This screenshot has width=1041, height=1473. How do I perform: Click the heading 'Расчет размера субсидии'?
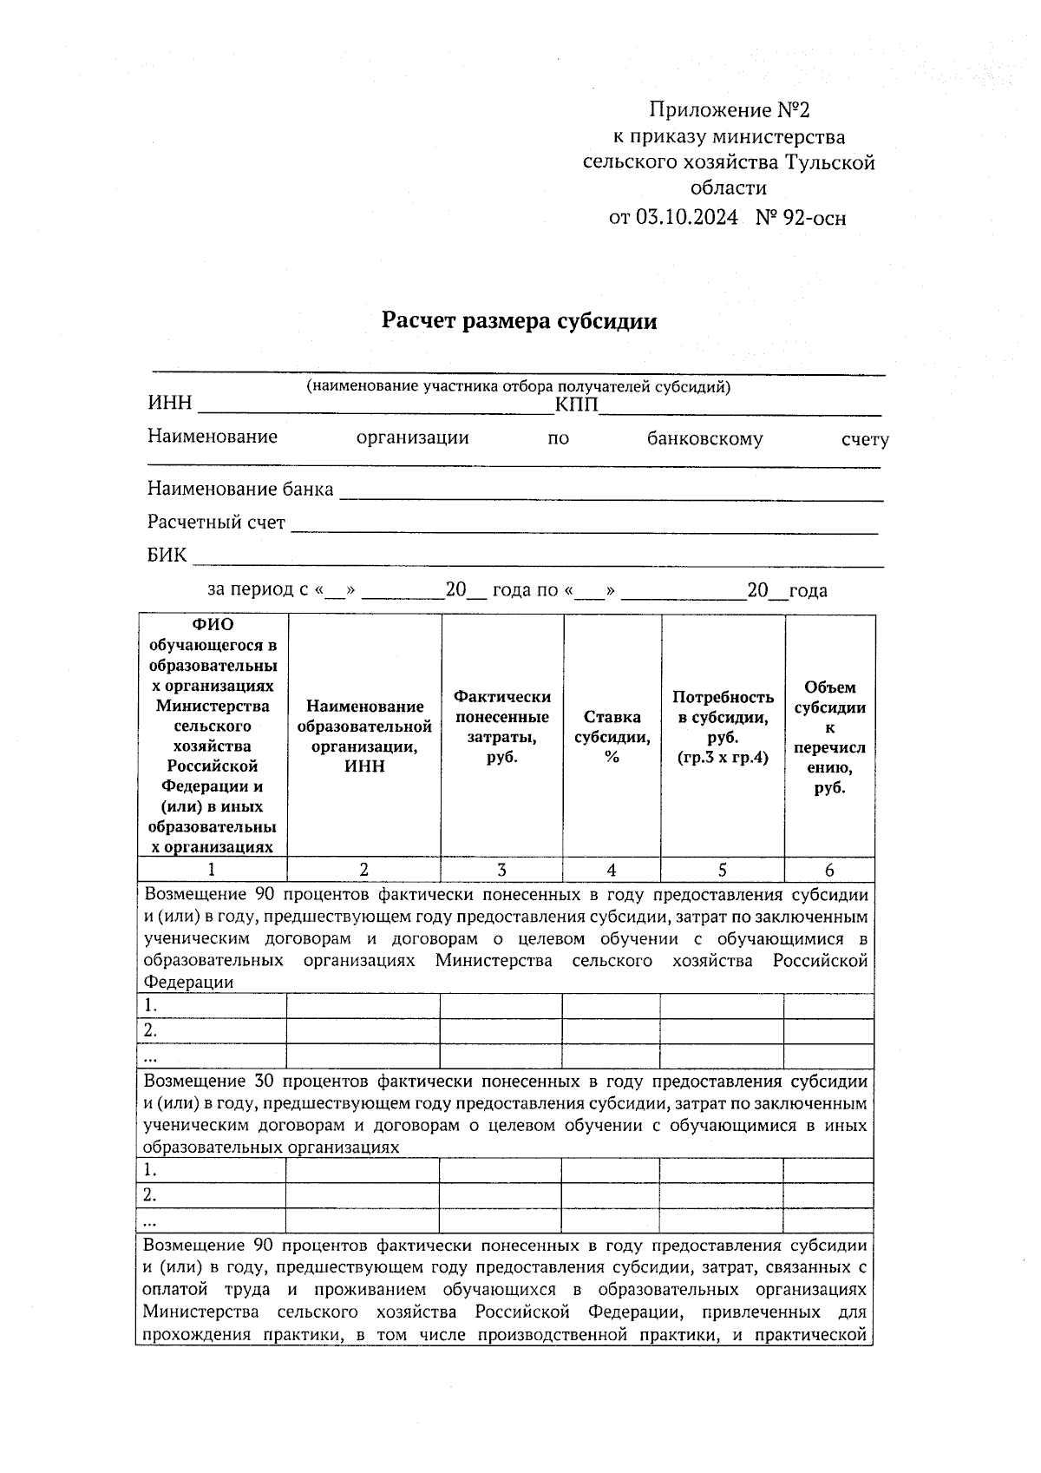pos(520,322)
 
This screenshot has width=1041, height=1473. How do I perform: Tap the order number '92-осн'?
pos(813,217)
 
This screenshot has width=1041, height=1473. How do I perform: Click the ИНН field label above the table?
pos(169,404)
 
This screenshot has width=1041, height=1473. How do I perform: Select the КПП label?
pos(576,405)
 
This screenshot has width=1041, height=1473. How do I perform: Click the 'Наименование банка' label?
pos(240,490)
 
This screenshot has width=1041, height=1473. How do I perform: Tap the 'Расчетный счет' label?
pos(216,523)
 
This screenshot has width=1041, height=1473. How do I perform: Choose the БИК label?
pos(167,556)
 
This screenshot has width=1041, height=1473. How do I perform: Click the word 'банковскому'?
pos(704,439)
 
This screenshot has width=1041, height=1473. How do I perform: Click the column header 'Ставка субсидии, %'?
pos(612,736)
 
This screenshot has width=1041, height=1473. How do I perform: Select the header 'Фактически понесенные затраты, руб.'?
pos(502,727)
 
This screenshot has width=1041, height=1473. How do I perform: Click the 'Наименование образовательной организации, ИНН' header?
pos(364,736)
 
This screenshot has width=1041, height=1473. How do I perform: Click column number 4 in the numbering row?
pos(612,871)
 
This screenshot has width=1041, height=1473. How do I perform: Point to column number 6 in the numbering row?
pos(829,871)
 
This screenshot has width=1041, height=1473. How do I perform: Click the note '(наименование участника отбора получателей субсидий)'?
pos(518,387)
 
